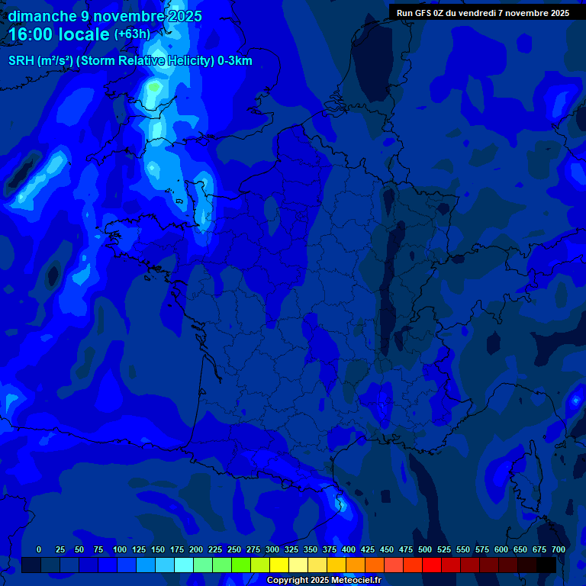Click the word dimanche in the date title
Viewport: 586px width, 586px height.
pos(42,16)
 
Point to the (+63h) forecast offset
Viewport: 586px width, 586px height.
pos(132,34)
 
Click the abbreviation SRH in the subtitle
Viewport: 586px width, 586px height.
pos(21,61)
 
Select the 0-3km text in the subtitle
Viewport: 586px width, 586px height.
pos(234,61)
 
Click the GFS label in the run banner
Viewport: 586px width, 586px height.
pos(423,12)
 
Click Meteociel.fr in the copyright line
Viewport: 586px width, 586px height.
pos(356,581)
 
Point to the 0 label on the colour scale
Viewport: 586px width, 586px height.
pos(39,549)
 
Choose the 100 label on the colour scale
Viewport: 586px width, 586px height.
pos(120,549)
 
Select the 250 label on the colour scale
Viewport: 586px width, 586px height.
pos(234,549)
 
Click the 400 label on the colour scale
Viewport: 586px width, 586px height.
pos(349,549)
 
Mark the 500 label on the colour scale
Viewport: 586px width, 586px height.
pos(425,549)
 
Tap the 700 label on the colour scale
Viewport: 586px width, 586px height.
pos(559,549)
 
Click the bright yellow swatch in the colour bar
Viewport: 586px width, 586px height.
pos(279,565)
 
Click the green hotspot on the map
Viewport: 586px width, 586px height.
pos(156,87)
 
